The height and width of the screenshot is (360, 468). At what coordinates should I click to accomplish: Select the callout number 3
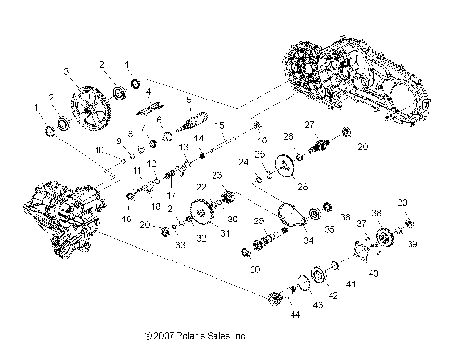[67, 73]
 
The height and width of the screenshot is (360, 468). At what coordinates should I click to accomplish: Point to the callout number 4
[149, 93]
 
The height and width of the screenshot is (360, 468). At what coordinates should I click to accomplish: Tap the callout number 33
[179, 245]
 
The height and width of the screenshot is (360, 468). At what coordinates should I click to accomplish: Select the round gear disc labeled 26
[286, 165]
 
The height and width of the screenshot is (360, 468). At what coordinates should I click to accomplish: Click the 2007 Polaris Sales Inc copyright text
[194, 337]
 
